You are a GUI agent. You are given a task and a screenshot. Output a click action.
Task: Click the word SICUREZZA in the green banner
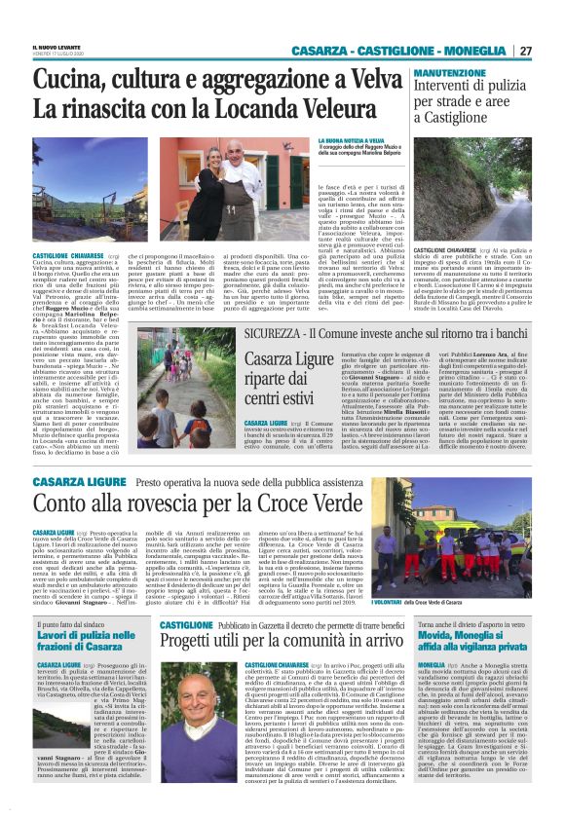click(x=280, y=334)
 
